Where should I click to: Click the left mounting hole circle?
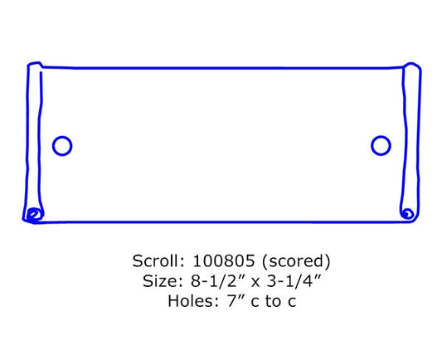pos(53,146)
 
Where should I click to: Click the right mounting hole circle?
pos(372,145)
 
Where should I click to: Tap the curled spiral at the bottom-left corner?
pos(34,215)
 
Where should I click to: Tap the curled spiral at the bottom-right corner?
pos(407,213)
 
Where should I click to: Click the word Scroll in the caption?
pos(158,260)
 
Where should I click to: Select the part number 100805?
pos(224,260)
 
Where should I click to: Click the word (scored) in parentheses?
pos(296,260)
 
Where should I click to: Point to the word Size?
pos(163,281)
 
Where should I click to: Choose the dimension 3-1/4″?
pos(294,281)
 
